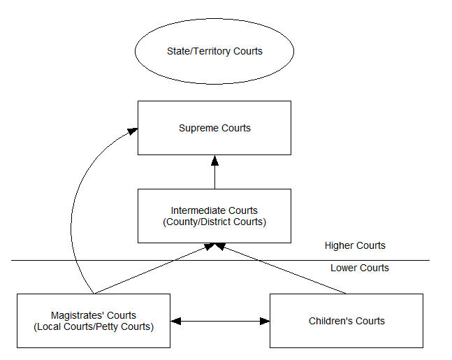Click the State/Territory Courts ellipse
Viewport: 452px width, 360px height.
click(x=214, y=52)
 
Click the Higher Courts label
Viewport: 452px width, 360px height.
click(x=355, y=246)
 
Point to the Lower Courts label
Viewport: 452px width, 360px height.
click(x=360, y=268)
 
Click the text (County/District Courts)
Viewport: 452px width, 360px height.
click(x=214, y=222)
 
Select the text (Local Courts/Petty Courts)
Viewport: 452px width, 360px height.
click(x=93, y=326)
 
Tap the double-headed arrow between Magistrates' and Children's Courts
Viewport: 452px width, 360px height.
click(x=220, y=321)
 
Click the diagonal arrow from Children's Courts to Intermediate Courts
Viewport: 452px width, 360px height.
click(x=286, y=270)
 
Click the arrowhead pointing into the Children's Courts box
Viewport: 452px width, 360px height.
click(x=265, y=321)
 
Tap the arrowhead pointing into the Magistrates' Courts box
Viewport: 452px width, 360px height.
click(x=175, y=321)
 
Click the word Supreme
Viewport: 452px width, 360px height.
click(x=199, y=128)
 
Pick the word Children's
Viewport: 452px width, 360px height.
click(x=332, y=321)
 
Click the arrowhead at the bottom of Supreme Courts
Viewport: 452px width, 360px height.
click(x=214, y=160)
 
